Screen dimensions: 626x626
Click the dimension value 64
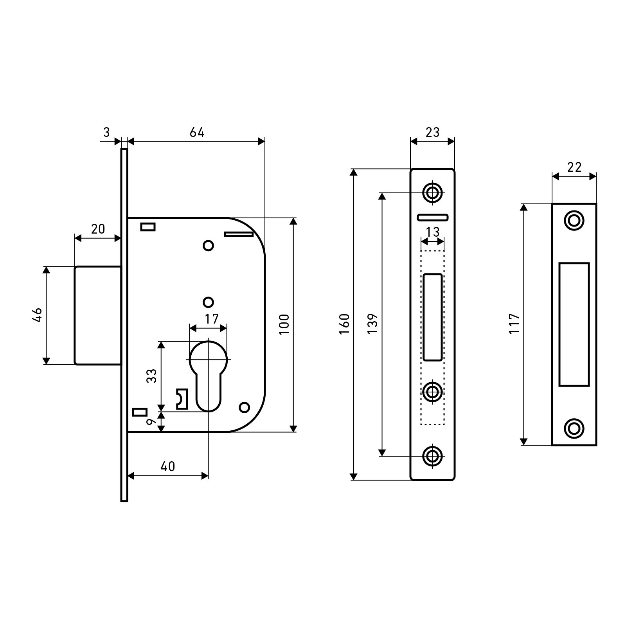click(x=197, y=133)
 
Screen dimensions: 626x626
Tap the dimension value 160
click(x=344, y=324)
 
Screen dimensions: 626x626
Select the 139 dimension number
click(x=372, y=324)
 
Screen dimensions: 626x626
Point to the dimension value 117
click(x=514, y=324)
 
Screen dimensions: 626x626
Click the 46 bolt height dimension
click(x=36, y=315)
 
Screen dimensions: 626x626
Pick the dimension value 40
click(x=168, y=466)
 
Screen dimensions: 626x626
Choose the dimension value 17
click(x=212, y=319)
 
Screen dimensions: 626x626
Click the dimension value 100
click(x=284, y=324)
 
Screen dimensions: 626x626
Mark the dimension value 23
click(x=432, y=132)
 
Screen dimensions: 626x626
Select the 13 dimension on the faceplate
click(x=432, y=232)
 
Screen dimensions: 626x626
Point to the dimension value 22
click(x=574, y=167)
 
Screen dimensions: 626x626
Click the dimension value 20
click(x=98, y=229)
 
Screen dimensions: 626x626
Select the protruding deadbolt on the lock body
click(x=98, y=315)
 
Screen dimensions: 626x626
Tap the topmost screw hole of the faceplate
click(x=432, y=192)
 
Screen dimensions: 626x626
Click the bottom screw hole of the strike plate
click(x=574, y=428)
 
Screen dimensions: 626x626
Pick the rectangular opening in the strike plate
click(x=574, y=324)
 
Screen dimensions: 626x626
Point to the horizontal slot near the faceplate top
click(x=432, y=217)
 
